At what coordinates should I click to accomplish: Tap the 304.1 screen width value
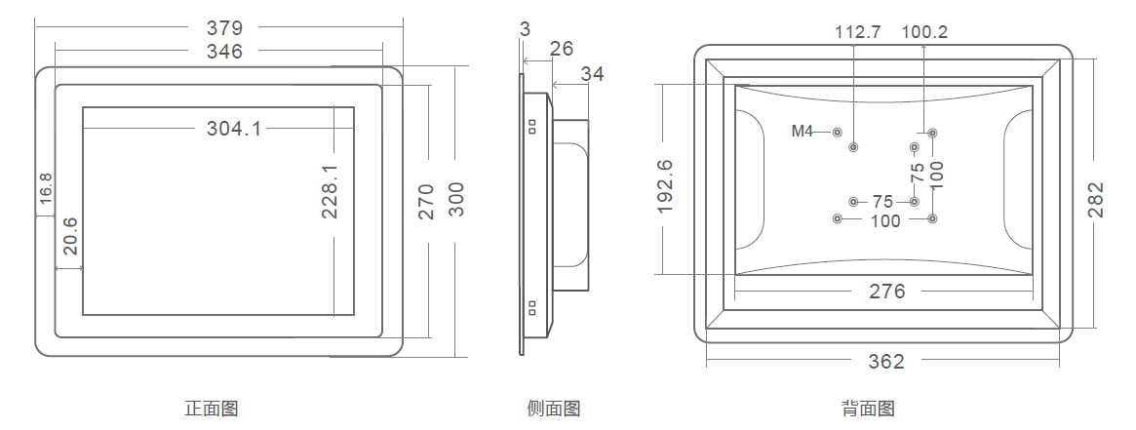[x=234, y=129]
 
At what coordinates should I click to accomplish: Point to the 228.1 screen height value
[x=331, y=192]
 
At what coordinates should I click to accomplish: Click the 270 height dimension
[x=427, y=201]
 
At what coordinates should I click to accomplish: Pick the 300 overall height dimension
[x=456, y=200]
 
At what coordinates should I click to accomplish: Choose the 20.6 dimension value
[x=70, y=237]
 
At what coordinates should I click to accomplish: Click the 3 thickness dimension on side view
[x=526, y=30]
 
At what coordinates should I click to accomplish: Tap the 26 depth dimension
[x=561, y=50]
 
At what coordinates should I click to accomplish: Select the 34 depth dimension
[x=592, y=74]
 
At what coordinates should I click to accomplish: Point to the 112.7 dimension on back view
[x=857, y=32]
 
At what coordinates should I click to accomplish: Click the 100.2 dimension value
[x=924, y=32]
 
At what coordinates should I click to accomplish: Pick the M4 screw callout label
[x=802, y=131]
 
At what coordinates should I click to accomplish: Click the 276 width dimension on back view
[x=886, y=291]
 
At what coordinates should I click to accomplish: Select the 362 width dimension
[x=886, y=362]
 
